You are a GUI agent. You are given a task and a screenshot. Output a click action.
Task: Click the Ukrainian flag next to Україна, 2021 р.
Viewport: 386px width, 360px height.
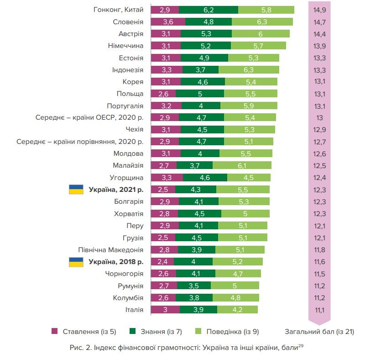tap(76, 190)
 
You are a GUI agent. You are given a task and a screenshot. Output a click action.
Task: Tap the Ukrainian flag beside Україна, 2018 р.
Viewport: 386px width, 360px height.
tap(76, 262)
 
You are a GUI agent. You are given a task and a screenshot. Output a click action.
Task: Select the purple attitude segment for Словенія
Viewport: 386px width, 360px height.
tap(167, 21)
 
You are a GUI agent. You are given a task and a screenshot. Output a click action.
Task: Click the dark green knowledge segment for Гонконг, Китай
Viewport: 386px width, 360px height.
tap(209, 10)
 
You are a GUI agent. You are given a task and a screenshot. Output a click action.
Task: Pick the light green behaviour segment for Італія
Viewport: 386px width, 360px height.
tap(237, 310)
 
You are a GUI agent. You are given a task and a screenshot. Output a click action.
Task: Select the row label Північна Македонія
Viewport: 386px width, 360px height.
tap(111, 250)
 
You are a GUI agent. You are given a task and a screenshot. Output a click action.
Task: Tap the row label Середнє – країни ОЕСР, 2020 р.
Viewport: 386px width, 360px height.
tap(89, 117)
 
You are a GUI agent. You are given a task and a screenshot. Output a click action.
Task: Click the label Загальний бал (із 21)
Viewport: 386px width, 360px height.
tap(319, 332)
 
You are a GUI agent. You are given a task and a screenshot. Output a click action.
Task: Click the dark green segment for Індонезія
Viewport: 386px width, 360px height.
tap(200, 69)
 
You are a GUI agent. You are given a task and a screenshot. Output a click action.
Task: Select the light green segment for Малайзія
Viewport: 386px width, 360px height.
tap(242, 165)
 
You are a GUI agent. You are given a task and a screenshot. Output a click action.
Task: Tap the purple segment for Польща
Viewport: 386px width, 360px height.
tap(163, 94)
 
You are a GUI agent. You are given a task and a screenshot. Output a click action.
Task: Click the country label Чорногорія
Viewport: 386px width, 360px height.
tap(124, 274)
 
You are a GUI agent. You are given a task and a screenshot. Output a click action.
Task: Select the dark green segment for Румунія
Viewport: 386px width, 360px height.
tap(194, 286)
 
